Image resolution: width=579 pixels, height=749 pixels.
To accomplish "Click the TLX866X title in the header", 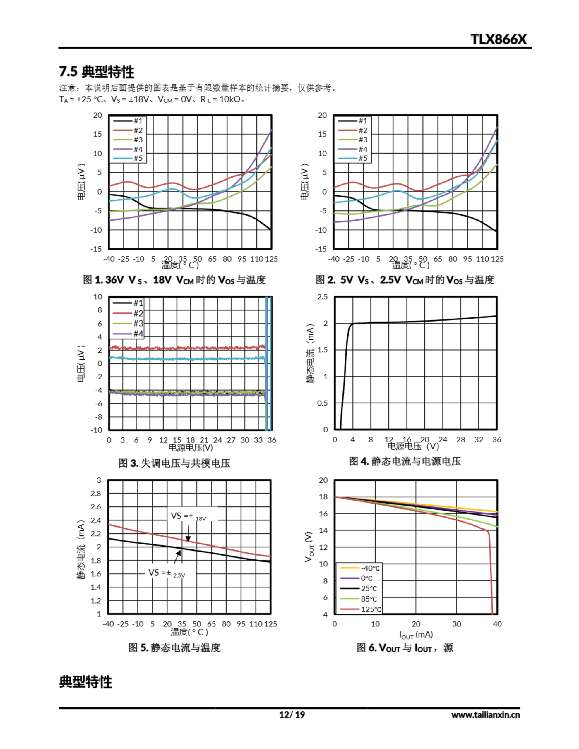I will point(498,39).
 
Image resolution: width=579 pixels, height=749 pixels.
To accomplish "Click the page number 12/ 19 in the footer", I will point(292,714).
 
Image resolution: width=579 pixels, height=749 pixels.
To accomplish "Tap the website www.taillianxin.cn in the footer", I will point(485,715).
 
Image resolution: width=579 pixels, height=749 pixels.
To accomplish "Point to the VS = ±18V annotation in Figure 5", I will point(189,516).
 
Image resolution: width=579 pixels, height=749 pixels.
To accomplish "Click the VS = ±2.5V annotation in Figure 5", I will point(167,573).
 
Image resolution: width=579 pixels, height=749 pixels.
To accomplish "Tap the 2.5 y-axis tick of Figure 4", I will point(322,297).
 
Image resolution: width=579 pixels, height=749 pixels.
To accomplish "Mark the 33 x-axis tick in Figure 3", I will point(258,440).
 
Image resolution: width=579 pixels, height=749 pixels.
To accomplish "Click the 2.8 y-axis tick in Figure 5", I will point(96,494).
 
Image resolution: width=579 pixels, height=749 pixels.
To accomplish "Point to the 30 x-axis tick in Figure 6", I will point(456,624).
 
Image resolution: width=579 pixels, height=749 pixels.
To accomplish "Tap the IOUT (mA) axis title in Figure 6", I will point(416,635).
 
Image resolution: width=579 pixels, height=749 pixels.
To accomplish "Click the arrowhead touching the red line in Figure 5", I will point(188,539).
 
